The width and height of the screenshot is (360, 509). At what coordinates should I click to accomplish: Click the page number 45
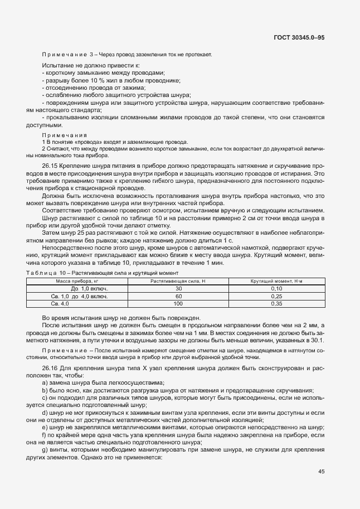click(321, 472)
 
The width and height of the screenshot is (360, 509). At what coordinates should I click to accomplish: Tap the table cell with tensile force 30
click(178, 289)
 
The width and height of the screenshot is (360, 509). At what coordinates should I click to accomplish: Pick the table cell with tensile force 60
click(178, 296)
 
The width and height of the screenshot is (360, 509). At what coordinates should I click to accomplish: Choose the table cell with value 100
click(178, 303)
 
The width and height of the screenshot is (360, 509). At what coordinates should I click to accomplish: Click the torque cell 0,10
click(276, 289)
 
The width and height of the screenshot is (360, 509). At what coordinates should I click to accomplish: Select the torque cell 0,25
click(276, 296)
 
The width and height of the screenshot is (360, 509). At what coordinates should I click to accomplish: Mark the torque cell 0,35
click(276, 303)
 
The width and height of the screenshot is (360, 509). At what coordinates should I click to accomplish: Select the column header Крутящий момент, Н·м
click(276, 282)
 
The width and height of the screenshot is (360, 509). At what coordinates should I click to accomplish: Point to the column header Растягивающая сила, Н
click(178, 282)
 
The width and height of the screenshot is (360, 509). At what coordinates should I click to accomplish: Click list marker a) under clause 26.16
click(45, 382)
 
